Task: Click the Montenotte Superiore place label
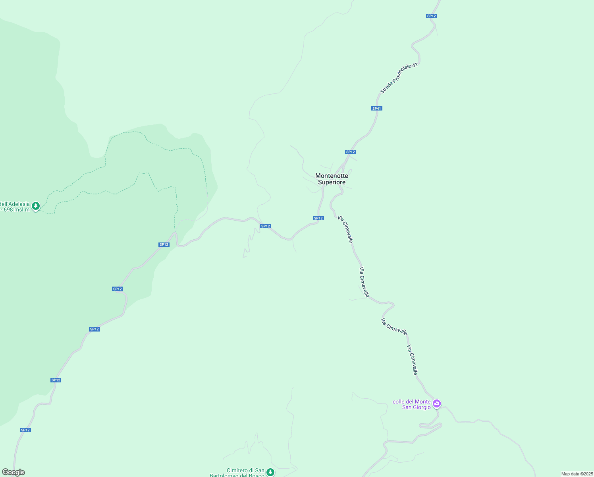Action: point(332,179)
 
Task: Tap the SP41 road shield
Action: point(376,109)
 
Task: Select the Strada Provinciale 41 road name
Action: point(399,78)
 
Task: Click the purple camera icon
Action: point(437,404)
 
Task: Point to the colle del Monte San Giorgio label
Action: point(412,404)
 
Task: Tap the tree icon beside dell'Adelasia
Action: point(36,206)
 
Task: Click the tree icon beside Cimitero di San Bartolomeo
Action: point(270,472)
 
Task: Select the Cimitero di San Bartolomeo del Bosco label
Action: point(237,473)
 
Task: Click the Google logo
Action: point(13,472)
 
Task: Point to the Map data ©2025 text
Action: point(577,474)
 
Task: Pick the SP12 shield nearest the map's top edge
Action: point(432,16)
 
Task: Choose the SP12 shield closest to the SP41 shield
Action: point(350,152)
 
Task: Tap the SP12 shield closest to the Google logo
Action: point(25,430)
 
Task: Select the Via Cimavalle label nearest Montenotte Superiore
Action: point(345,229)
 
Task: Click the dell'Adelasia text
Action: point(15,204)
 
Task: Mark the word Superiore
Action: point(332,182)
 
